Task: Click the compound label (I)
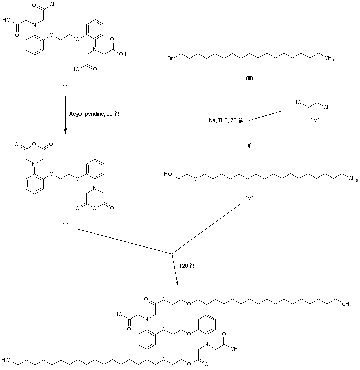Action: pos(65,83)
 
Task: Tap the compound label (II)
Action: pos(65,221)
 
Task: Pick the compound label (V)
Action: pos(250,198)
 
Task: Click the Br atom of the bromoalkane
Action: pos(171,59)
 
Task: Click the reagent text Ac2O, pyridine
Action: pos(86,114)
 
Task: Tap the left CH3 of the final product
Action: pos(6,359)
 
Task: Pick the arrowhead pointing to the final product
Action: pos(179,284)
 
